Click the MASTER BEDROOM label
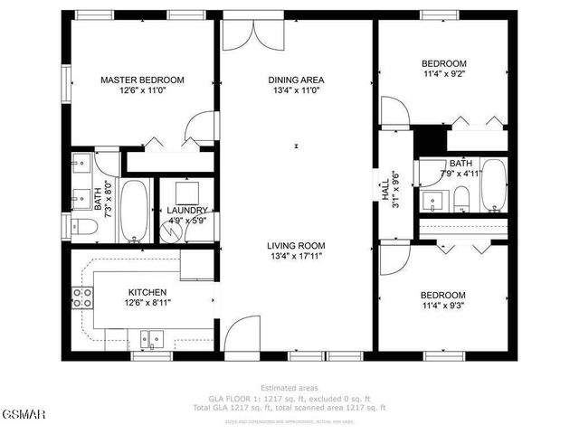[x=142, y=80]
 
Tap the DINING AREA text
[x=296, y=80]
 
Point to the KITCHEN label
[x=147, y=292]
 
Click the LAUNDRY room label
[x=187, y=210]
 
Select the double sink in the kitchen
[x=151, y=339]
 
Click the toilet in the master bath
[x=81, y=226]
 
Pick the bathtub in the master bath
[x=135, y=211]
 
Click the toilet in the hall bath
[x=460, y=199]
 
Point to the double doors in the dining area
[x=252, y=33]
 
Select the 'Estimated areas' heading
[x=289, y=388]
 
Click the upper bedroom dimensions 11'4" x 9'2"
[x=444, y=76]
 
